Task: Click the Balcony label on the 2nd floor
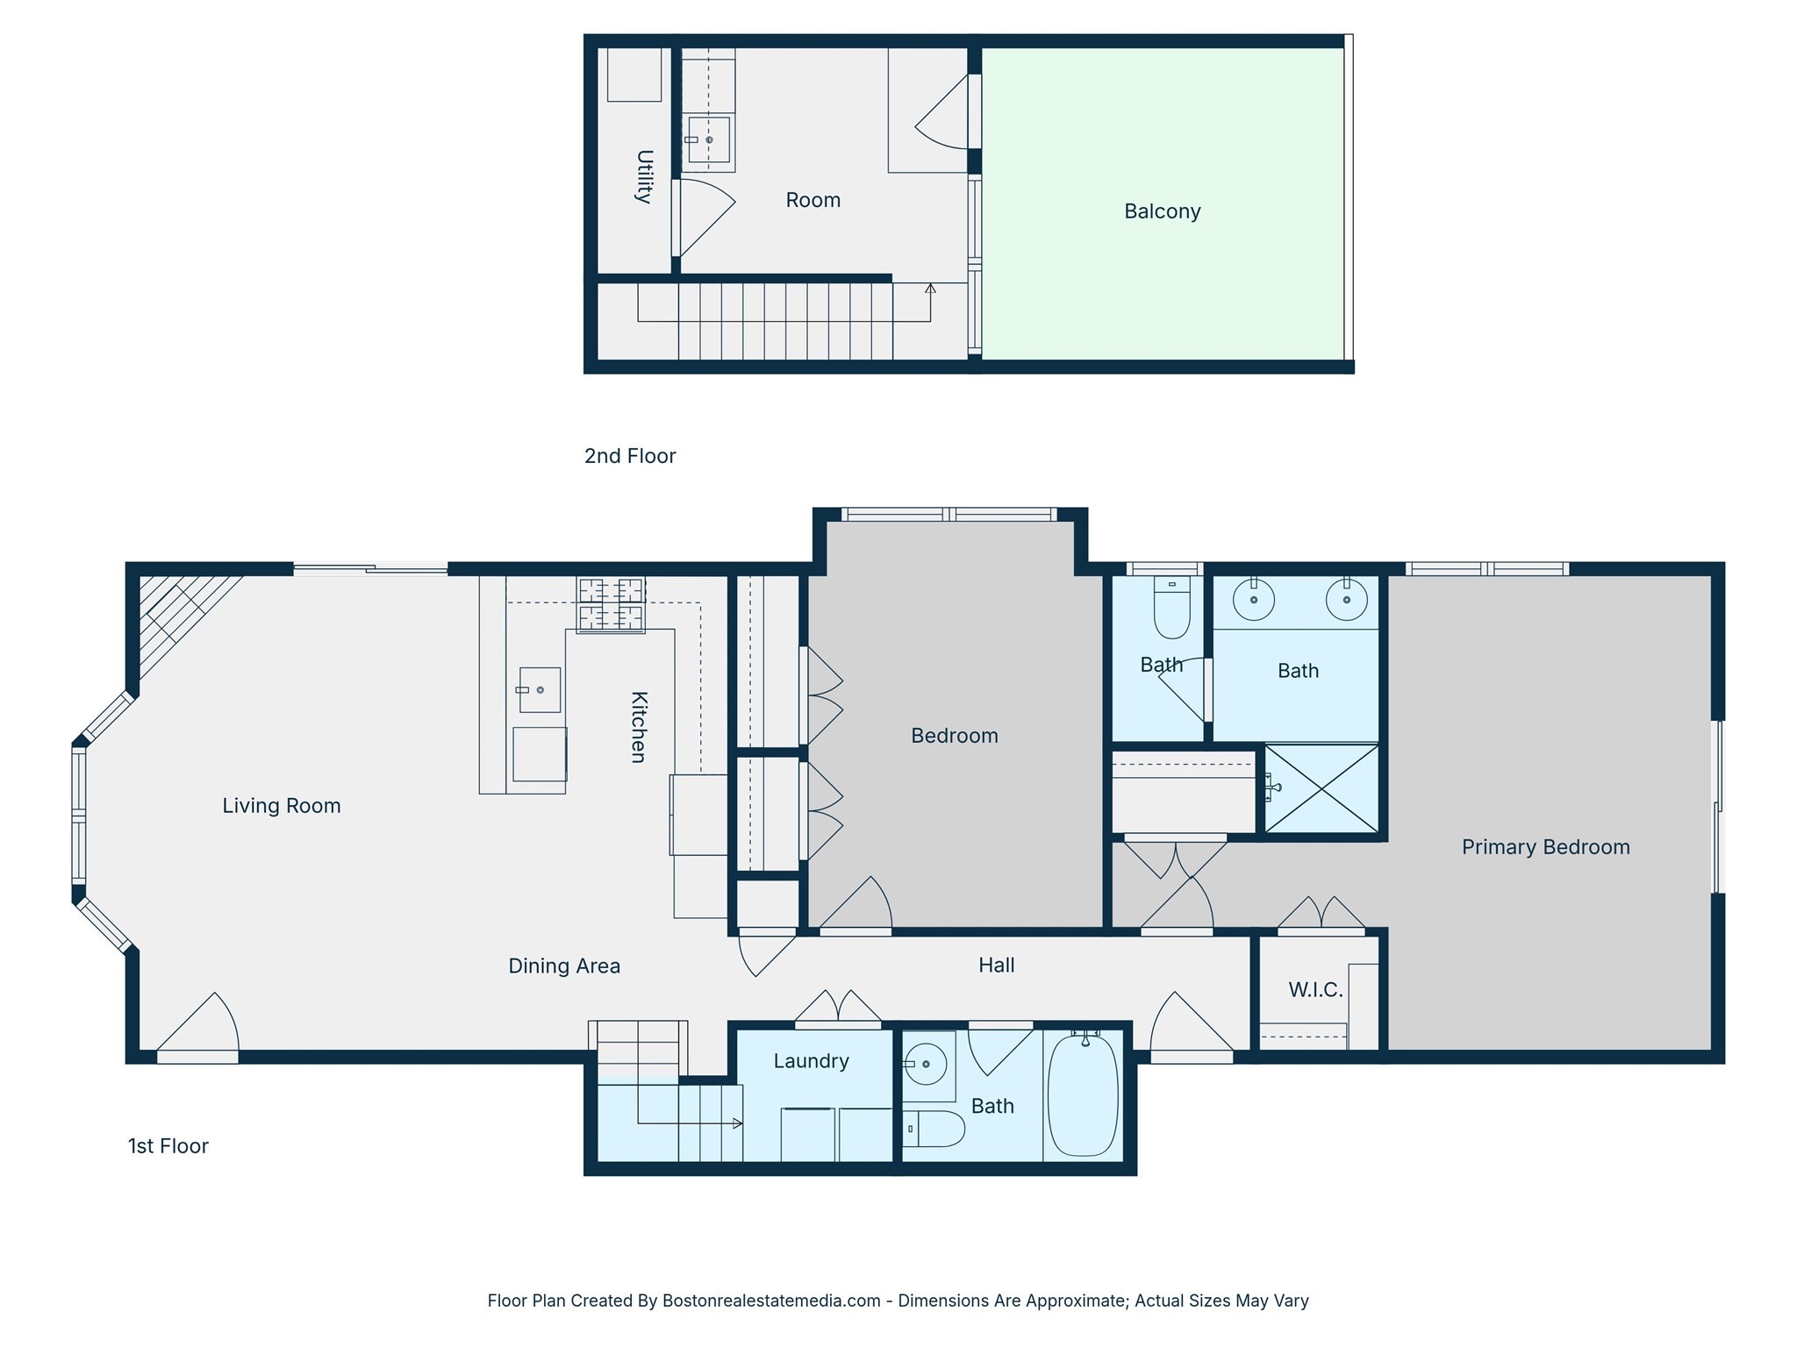pos(1162,211)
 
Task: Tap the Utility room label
pos(644,176)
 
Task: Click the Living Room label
pos(281,805)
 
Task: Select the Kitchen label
pos(639,727)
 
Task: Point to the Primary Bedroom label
pos(1545,847)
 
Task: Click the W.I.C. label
pos(1315,990)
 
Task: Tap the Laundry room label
pos(811,1061)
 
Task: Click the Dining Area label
pos(564,966)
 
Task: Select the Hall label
pos(996,965)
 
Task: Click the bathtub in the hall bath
pos(1084,1096)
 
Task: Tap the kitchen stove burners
pos(611,604)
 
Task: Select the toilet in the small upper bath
pos(1171,609)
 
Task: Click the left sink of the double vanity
pos(1254,600)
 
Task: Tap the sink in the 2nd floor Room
pos(708,140)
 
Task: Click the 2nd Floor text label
pos(630,456)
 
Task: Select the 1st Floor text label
pos(168,1146)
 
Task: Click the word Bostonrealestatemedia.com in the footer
pos(771,1301)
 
